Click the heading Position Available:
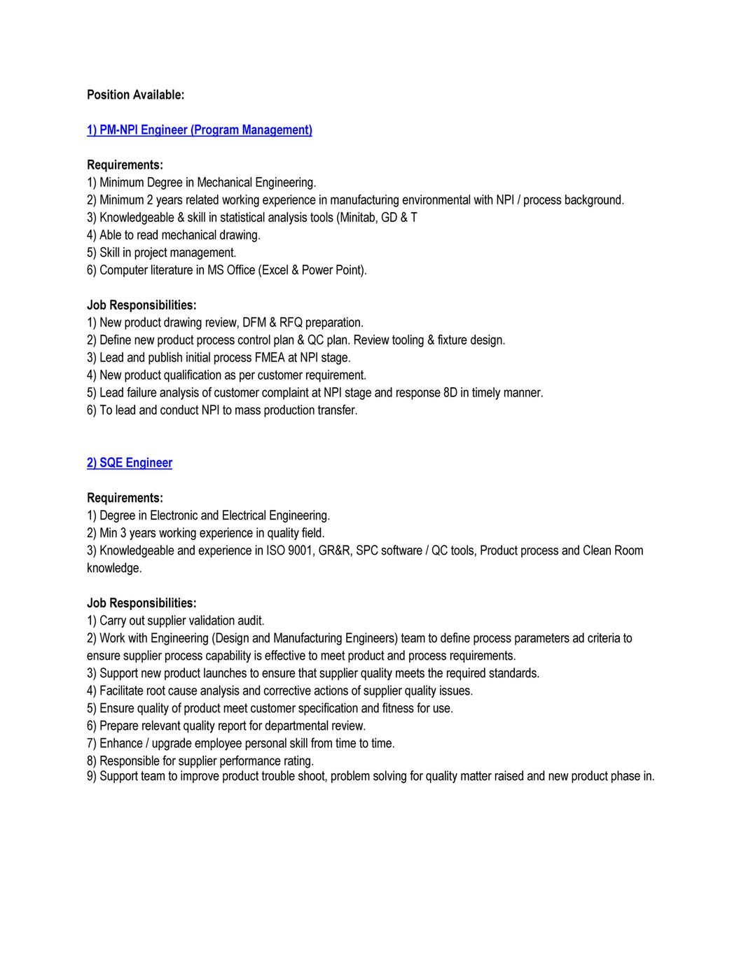(x=135, y=95)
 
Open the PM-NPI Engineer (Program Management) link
(x=200, y=130)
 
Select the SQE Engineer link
(x=130, y=462)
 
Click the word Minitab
(x=359, y=217)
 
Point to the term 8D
(x=450, y=392)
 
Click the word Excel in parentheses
(x=275, y=270)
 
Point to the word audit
(x=250, y=621)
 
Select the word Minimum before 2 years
(x=121, y=200)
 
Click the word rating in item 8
(x=296, y=761)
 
